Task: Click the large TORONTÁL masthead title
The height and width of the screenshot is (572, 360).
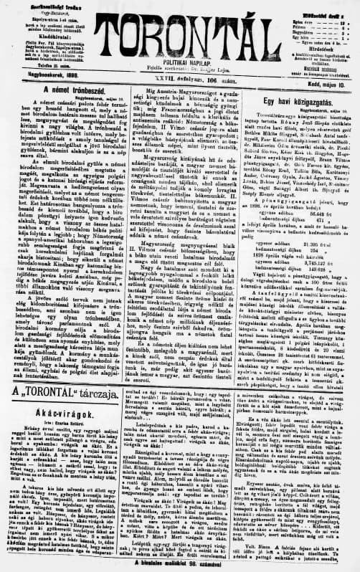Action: coord(184,31)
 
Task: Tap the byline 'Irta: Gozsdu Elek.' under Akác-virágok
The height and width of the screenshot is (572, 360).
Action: coord(65,426)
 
